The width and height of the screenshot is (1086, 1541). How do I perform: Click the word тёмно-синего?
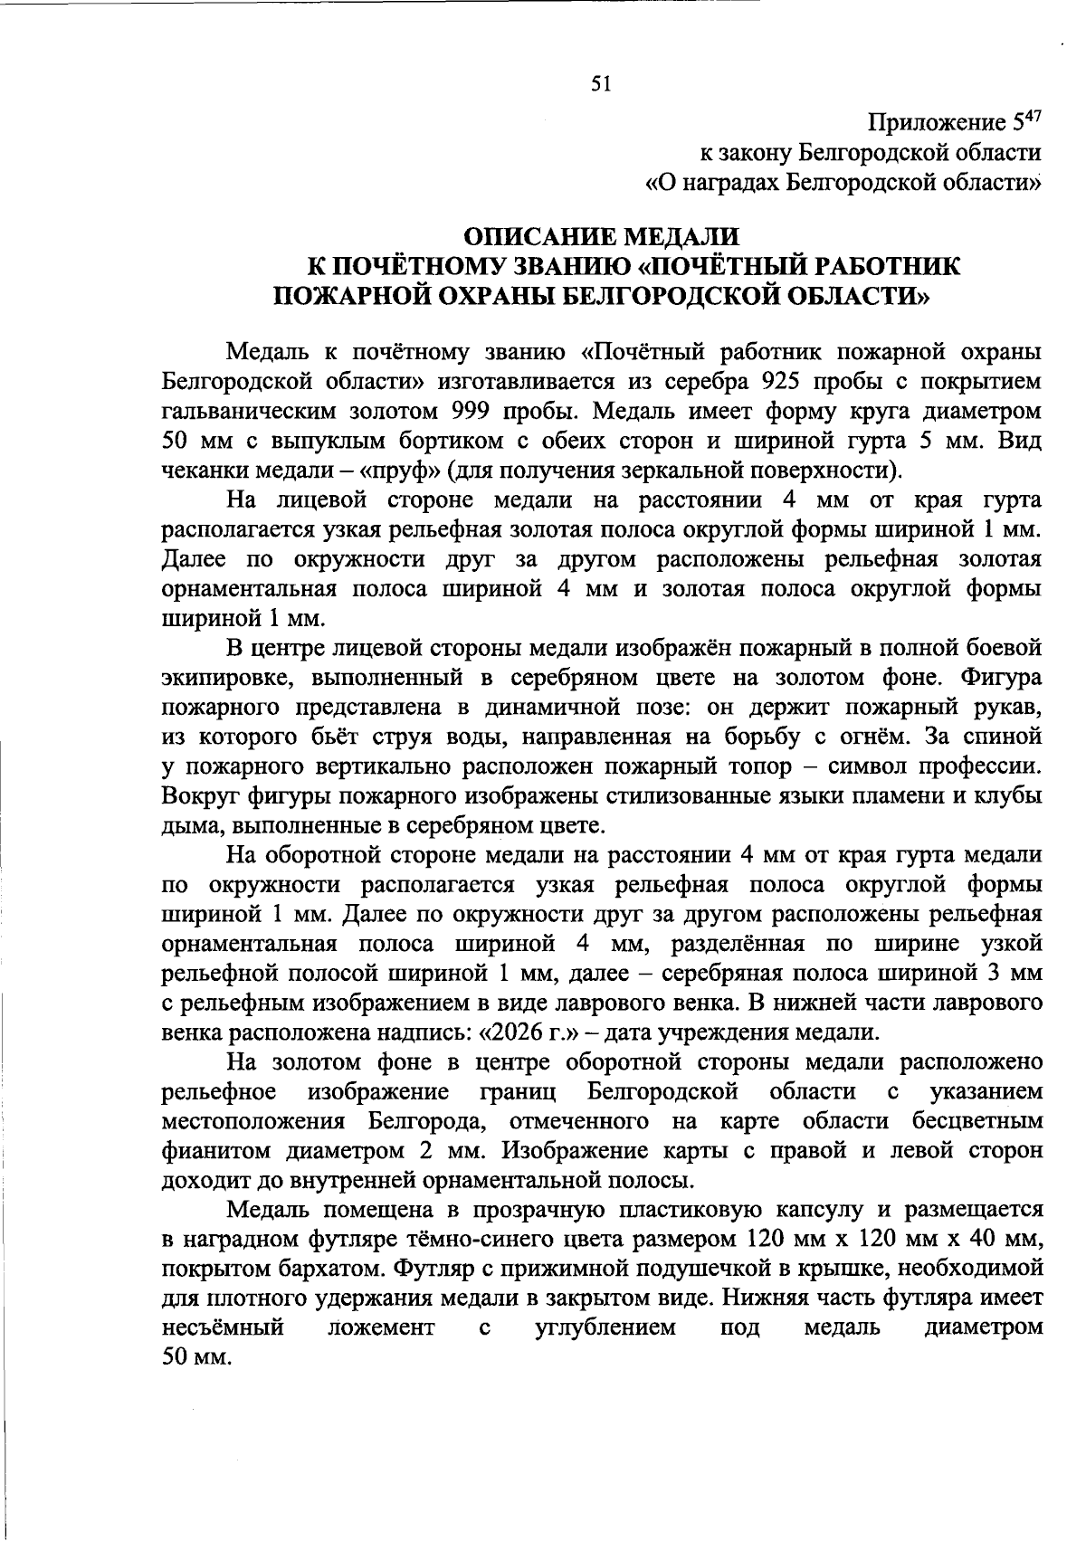point(503,1240)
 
